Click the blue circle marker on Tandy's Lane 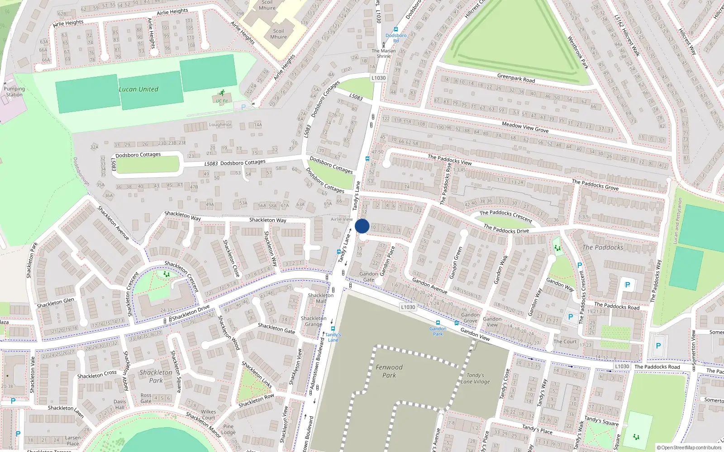pos(362,226)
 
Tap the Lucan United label pos(138,89)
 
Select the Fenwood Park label pos(389,371)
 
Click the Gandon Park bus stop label pos(438,331)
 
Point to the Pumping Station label pos(14,92)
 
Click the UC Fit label pos(222,101)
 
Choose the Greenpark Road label pos(516,78)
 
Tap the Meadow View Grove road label pos(525,127)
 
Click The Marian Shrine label pos(384,53)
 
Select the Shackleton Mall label pos(321,298)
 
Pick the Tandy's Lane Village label pos(475,378)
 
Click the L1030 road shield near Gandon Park pos(408,307)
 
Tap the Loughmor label pos(220,125)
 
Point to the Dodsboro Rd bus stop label pos(396,38)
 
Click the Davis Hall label pos(120,404)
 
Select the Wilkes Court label pos(208,414)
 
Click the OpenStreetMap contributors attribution pos(689,447)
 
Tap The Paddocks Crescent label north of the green pos(506,216)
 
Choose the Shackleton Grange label pos(314,321)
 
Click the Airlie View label pos(342,219)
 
